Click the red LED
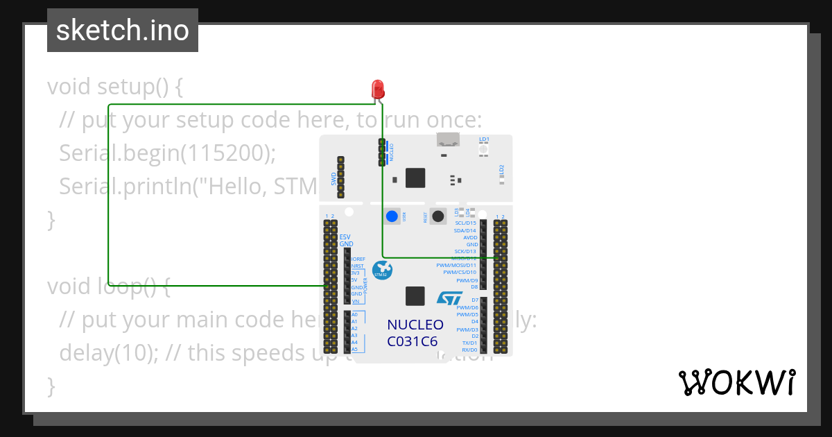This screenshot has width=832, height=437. [x=378, y=89]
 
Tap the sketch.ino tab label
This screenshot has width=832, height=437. [x=123, y=31]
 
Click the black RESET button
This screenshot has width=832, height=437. [x=437, y=216]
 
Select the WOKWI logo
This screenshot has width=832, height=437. [x=736, y=382]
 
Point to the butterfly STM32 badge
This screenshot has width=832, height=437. [x=381, y=269]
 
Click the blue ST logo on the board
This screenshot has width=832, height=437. [x=449, y=298]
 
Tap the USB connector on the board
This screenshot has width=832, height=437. [x=449, y=139]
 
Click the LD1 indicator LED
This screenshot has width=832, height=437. [x=483, y=149]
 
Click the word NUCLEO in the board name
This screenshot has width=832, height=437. [x=415, y=325]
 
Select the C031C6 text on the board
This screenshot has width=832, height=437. [x=413, y=341]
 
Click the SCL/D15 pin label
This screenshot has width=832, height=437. [x=465, y=223]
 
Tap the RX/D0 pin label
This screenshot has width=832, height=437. [x=469, y=350]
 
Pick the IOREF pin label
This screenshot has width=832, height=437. [x=358, y=259]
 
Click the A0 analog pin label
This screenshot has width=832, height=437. [x=354, y=314]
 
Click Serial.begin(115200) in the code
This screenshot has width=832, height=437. [x=167, y=153]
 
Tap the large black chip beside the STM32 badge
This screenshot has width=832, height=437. [x=415, y=296]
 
